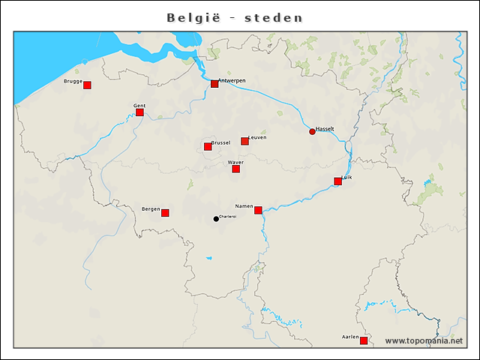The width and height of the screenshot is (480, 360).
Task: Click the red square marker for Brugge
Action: (87, 85)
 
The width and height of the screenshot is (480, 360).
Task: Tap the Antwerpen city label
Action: (232, 80)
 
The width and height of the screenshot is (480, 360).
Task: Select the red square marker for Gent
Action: (139, 112)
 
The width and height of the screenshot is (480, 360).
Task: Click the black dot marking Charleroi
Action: (216, 219)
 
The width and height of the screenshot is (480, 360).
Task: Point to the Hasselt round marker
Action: (312, 132)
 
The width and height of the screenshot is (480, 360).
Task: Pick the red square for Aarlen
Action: (364, 340)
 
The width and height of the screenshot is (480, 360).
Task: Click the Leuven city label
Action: (257, 137)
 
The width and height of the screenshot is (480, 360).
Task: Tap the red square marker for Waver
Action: (235, 169)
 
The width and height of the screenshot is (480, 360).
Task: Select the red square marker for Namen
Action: (258, 210)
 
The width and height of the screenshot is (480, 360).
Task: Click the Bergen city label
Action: (151, 209)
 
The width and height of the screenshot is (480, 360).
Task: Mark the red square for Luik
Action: (337, 181)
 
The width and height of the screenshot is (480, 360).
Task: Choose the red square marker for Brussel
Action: (208, 146)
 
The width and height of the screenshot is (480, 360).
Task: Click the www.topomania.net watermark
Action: (424, 340)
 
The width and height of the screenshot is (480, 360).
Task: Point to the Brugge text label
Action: (73, 81)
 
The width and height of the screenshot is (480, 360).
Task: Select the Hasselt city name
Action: (325, 129)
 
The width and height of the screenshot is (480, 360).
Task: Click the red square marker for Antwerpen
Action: (214, 83)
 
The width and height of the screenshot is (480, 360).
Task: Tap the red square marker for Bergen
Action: (165, 213)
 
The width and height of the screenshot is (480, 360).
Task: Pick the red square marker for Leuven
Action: (244, 141)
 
